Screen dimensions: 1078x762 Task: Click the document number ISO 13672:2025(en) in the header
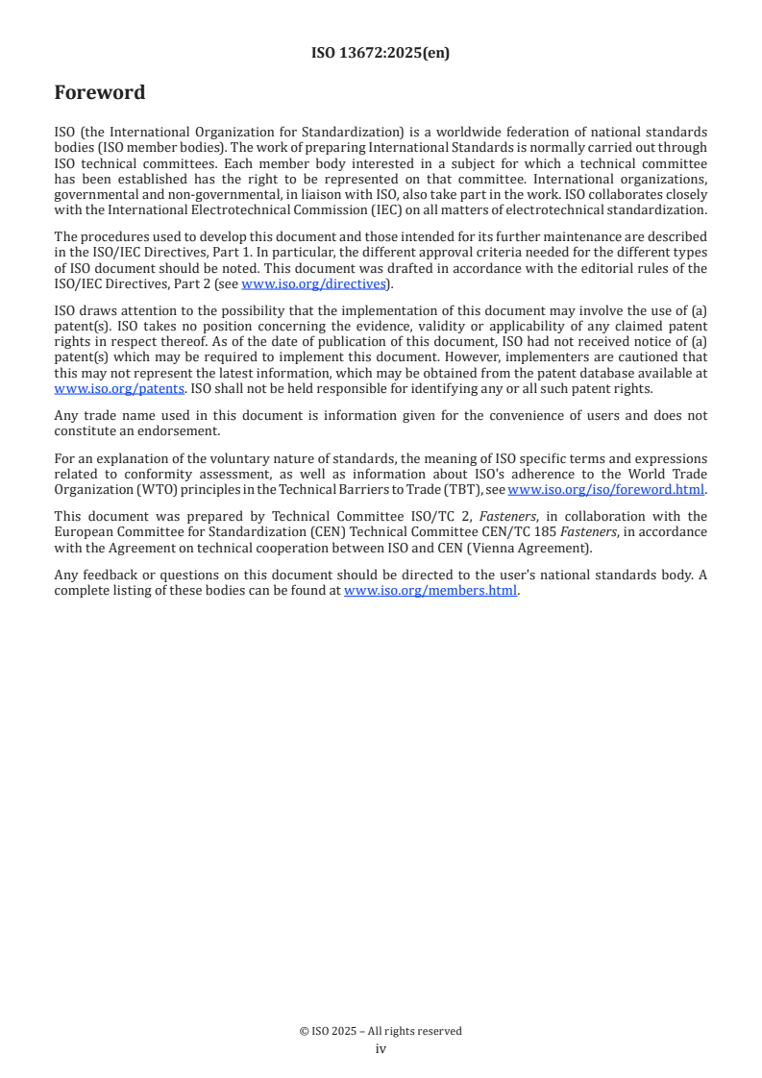click(x=381, y=54)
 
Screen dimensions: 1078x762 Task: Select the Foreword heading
click(x=100, y=93)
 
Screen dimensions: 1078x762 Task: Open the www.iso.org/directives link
click(x=313, y=283)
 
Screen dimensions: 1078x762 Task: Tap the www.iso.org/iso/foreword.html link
click(x=605, y=489)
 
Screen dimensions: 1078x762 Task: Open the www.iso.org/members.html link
click(x=430, y=591)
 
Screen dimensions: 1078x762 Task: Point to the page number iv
click(x=381, y=1049)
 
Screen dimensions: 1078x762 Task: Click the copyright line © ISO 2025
click(x=381, y=1031)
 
